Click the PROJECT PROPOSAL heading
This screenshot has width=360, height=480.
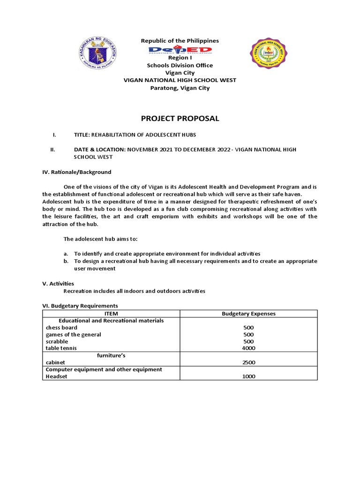coord(180,118)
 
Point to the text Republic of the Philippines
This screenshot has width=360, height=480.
coord(180,41)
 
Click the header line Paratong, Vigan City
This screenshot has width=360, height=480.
coord(180,88)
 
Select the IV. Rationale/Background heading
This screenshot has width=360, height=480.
coord(77,172)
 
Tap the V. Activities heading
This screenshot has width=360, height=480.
coord(58,284)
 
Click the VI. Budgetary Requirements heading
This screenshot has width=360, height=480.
coord(80,306)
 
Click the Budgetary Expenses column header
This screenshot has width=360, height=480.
coord(248,314)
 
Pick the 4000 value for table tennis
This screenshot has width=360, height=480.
coord(248,348)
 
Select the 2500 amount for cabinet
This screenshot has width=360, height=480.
coord(248,362)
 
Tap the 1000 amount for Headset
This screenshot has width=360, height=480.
coord(248,376)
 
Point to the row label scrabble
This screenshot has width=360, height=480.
coord(57,341)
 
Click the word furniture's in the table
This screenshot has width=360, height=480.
coord(111,355)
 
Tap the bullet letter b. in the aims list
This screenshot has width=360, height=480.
coord(67,261)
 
